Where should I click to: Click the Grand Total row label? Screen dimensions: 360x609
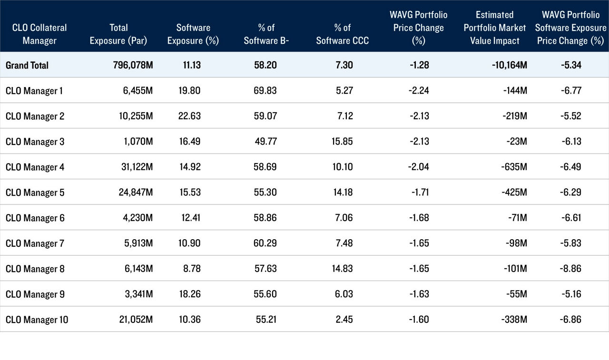(27, 65)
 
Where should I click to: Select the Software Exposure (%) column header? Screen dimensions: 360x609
(193, 34)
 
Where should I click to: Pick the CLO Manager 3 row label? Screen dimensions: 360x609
(34, 142)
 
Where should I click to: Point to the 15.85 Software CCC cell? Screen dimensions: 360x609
(341, 142)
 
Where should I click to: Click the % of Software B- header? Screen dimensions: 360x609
(266, 34)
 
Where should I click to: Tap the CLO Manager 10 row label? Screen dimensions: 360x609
(37, 320)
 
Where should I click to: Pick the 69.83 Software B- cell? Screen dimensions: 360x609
(265, 90)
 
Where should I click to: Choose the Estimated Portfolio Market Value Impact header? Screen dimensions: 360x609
(495, 28)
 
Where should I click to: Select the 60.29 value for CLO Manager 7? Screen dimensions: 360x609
(265, 243)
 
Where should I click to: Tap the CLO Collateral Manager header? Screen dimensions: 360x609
(40, 34)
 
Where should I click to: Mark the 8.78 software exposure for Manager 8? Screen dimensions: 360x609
(190, 269)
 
